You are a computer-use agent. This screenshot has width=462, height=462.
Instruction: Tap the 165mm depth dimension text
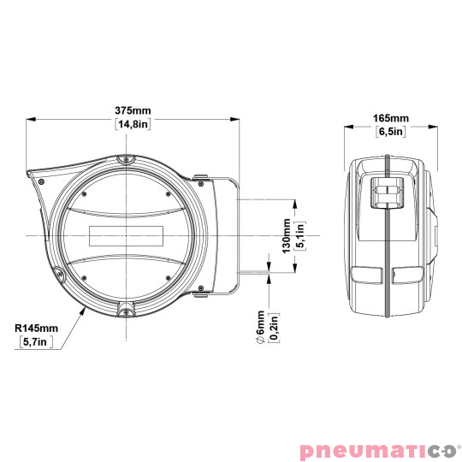click(x=391, y=118)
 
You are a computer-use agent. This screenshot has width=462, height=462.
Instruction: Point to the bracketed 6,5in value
click(x=391, y=132)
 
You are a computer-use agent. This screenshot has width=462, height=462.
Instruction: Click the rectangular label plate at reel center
click(x=124, y=234)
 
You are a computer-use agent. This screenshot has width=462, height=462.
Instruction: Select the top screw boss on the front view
click(x=126, y=160)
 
